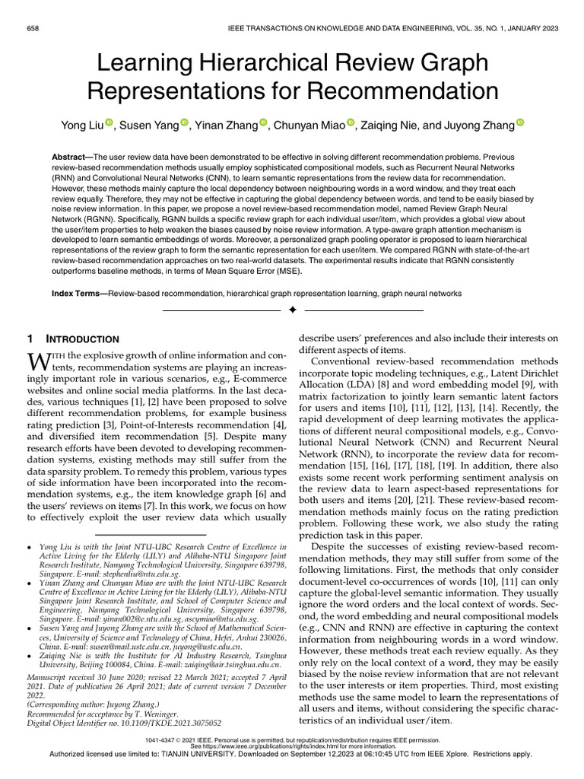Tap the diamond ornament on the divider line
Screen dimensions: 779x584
292,311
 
